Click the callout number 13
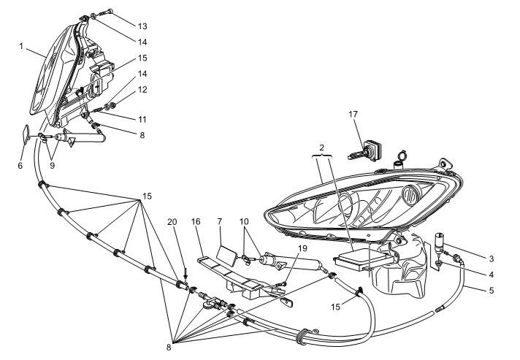click(142, 26)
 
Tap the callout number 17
click(353, 114)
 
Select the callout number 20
click(172, 222)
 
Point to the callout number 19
click(302, 248)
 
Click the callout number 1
click(21, 46)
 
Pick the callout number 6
click(20, 166)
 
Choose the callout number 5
click(492, 291)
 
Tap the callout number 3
click(492, 258)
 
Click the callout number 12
click(142, 90)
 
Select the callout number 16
click(196, 221)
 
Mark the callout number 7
click(220, 221)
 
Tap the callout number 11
click(142, 119)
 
